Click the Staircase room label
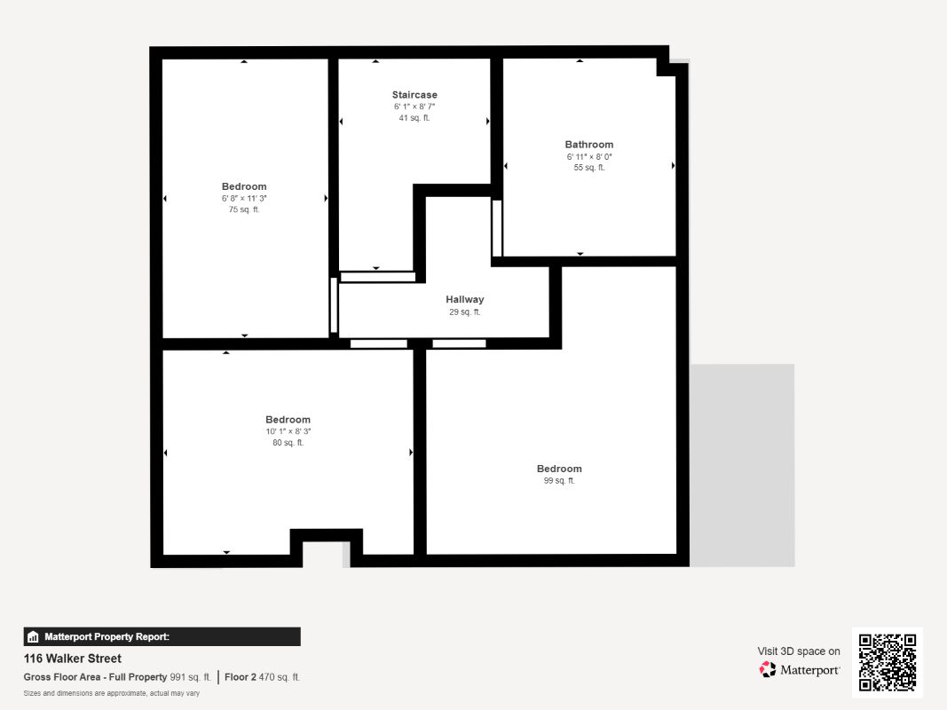tap(414, 95)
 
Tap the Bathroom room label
tap(589, 145)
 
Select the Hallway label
tap(465, 300)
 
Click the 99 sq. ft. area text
tap(559, 481)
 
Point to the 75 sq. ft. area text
tap(244, 210)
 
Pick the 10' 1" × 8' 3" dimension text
tap(288, 431)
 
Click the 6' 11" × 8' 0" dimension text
tap(589, 156)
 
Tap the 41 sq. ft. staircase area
tap(414, 118)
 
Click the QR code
tap(888, 662)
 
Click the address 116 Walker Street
tap(73, 659)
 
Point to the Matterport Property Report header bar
tap(162, 636)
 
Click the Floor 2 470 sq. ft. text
tap(263, 677)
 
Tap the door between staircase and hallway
tap(378, 277)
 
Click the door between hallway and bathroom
tap(497, 228)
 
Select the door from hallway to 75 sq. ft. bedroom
tap(334, 305)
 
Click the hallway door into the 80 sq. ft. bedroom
tap(379, 343)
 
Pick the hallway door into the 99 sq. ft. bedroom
tap(459, 343)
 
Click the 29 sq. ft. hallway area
tap(465, 312)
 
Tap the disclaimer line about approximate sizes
tap(111, 693)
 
